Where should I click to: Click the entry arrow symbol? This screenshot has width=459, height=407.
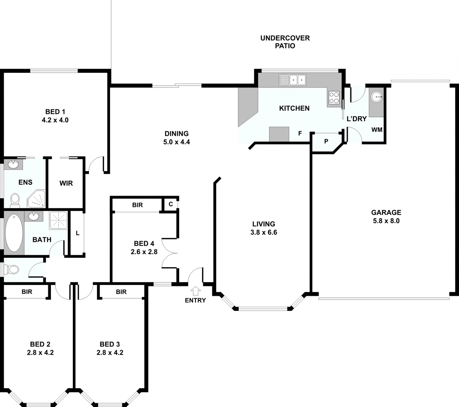coord(195,291)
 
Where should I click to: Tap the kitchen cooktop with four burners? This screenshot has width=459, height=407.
coord(334,98)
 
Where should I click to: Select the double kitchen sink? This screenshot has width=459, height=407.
coord(292,80)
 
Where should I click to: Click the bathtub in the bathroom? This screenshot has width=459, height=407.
coord(14,233)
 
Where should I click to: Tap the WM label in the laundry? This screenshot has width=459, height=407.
coord(377,130)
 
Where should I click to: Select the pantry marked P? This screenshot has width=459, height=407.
coord(326,141)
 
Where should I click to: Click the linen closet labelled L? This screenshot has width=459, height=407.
coord(77,233)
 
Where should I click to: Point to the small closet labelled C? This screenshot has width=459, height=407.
coord(170,204)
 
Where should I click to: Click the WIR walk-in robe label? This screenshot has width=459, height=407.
coord(66,183)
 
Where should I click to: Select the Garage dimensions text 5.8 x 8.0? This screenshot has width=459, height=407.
coord(386,221)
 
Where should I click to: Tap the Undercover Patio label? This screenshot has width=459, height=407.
coord(285,42)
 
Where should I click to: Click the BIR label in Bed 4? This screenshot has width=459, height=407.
coord(137,205)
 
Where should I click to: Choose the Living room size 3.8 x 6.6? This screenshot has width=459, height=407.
coord(264,233)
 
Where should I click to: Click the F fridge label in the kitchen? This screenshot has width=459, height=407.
coord(300,133)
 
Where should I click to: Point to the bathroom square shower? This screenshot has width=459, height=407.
coord(58,220)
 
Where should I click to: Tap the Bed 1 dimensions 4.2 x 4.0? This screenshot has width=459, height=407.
coord(55,120)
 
